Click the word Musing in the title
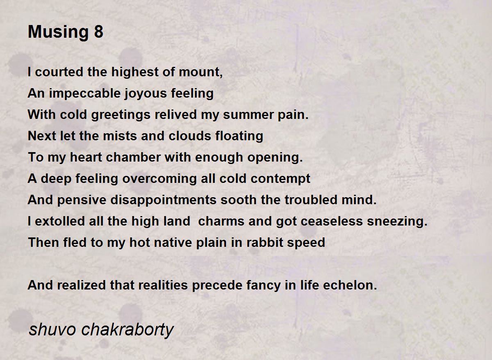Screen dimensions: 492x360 pos(58,32)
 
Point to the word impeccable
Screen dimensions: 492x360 pos(85,93)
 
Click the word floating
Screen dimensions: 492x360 pos(239,136)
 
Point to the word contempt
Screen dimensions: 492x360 pos(280,179)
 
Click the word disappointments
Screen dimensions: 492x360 pos(164,200)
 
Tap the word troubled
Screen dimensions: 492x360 pos(311,200)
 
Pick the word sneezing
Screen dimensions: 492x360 pos(397,221)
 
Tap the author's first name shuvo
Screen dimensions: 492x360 pos(52,330)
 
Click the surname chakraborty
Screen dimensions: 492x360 pos(128,330)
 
